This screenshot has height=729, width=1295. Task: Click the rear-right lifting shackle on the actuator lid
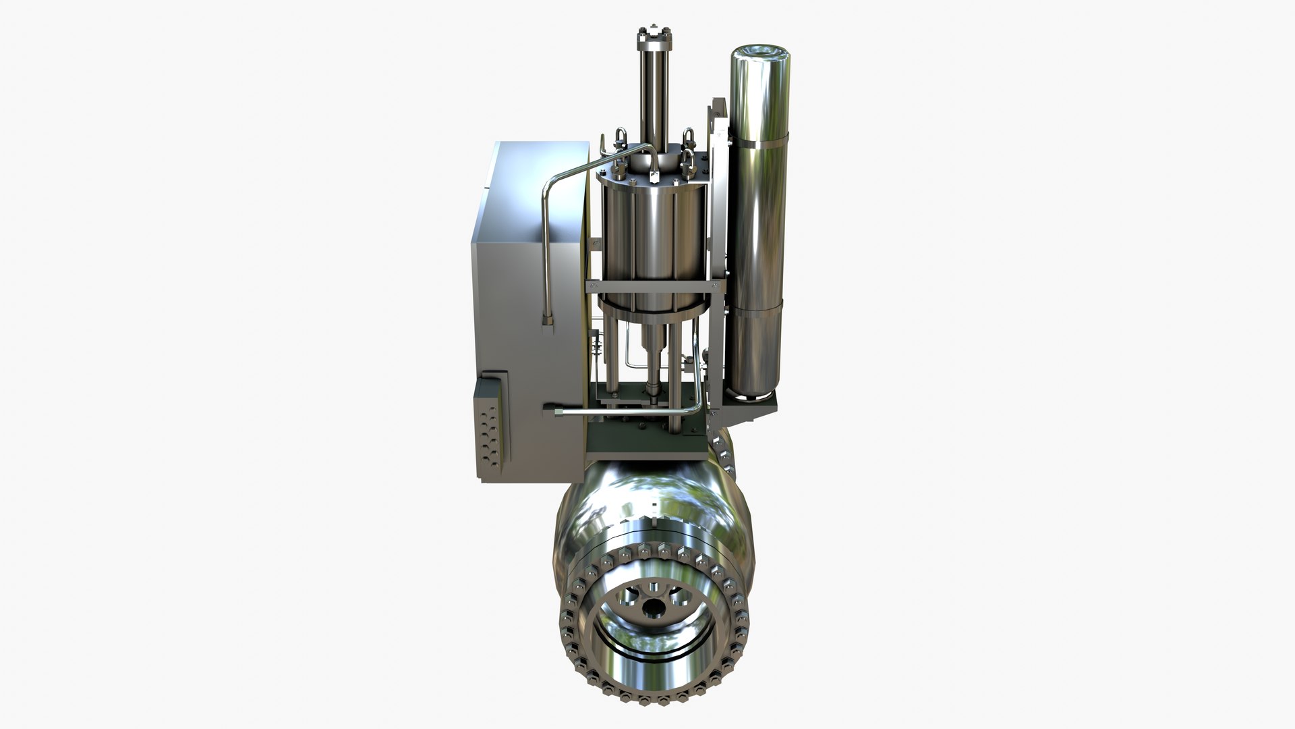(689, 142)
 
